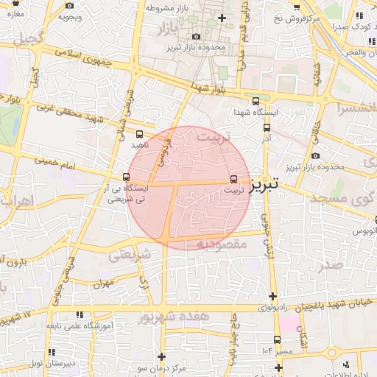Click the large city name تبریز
(263, 184)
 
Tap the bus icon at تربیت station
(234, 179)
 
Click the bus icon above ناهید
(140, 134)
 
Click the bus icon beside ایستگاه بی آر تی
(127, 177)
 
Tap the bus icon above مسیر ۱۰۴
(277, 339)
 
